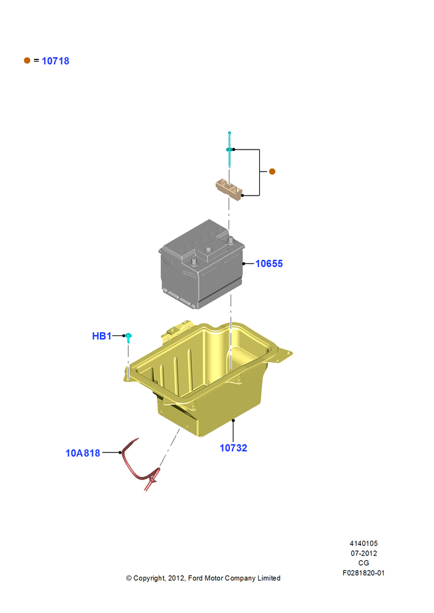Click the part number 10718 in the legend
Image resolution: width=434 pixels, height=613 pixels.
point(56,61)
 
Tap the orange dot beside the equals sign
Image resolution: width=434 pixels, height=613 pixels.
point(27,60)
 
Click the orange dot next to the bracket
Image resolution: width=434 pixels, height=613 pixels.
point(272,171)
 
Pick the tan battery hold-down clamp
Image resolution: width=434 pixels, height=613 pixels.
point(229,189)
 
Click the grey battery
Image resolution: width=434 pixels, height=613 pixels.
point(201,264)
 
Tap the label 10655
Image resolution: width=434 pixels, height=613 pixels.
point(269,264)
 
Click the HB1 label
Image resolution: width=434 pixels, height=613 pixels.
point(102,336)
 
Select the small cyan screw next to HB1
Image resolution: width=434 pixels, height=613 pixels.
point(128,337)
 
